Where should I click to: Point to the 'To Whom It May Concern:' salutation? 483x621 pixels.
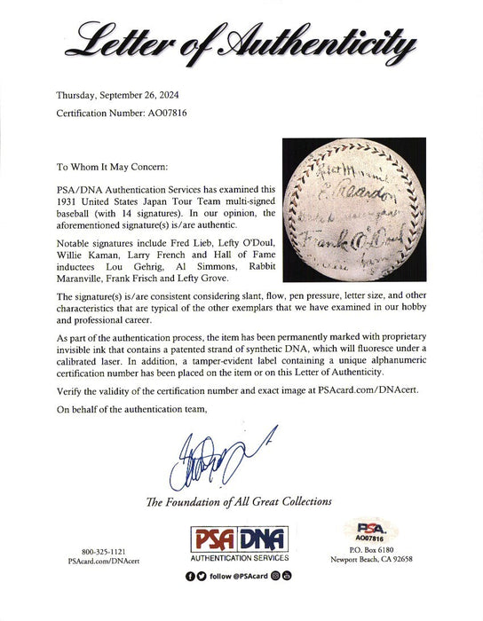[110, 165]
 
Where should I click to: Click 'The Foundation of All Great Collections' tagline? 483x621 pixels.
[241, 502]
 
